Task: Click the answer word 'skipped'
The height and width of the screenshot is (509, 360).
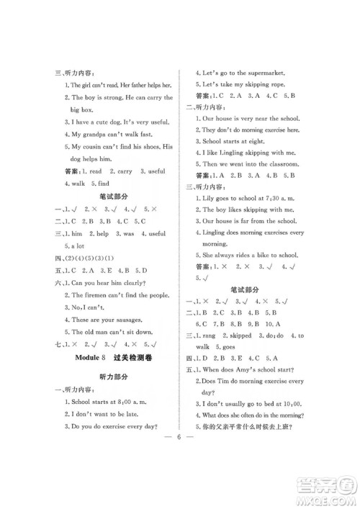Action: click(240, 335)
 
